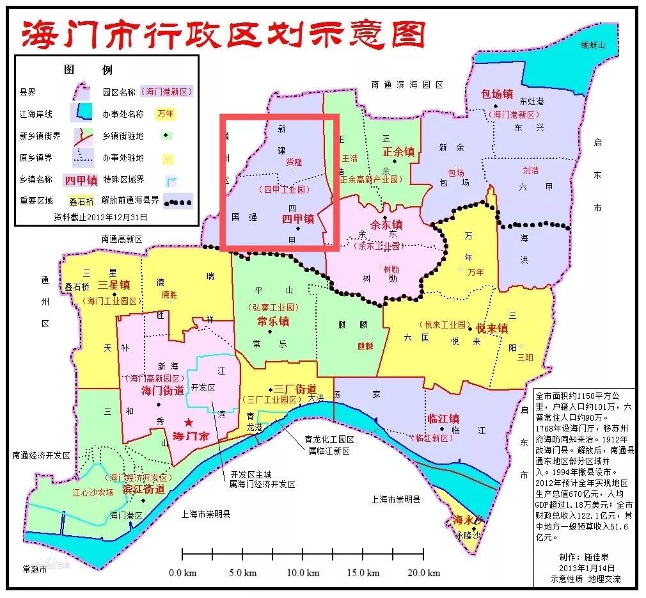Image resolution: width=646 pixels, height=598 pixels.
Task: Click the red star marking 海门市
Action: (188, 423)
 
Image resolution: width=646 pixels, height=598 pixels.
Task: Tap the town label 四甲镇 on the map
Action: (298, 218)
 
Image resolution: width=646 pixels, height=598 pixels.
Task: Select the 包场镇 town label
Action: (497, 93)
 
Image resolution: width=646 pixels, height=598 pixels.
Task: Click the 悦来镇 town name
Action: (491, 328)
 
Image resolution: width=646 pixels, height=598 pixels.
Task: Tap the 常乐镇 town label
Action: (273, 321)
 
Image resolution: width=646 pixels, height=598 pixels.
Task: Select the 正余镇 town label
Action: (398, 152)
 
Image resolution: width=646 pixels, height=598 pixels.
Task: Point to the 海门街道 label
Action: (162, 390)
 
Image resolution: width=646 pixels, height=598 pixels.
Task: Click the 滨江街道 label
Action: (143, 489)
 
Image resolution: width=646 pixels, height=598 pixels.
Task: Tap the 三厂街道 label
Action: (295, 389)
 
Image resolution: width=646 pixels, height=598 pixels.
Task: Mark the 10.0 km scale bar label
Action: (303, 572)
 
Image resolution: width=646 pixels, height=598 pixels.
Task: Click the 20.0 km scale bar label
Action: (425, 572)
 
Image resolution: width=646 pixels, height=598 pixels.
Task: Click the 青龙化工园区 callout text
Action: (329, 440)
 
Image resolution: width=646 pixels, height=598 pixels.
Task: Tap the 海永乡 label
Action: (467, 519)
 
